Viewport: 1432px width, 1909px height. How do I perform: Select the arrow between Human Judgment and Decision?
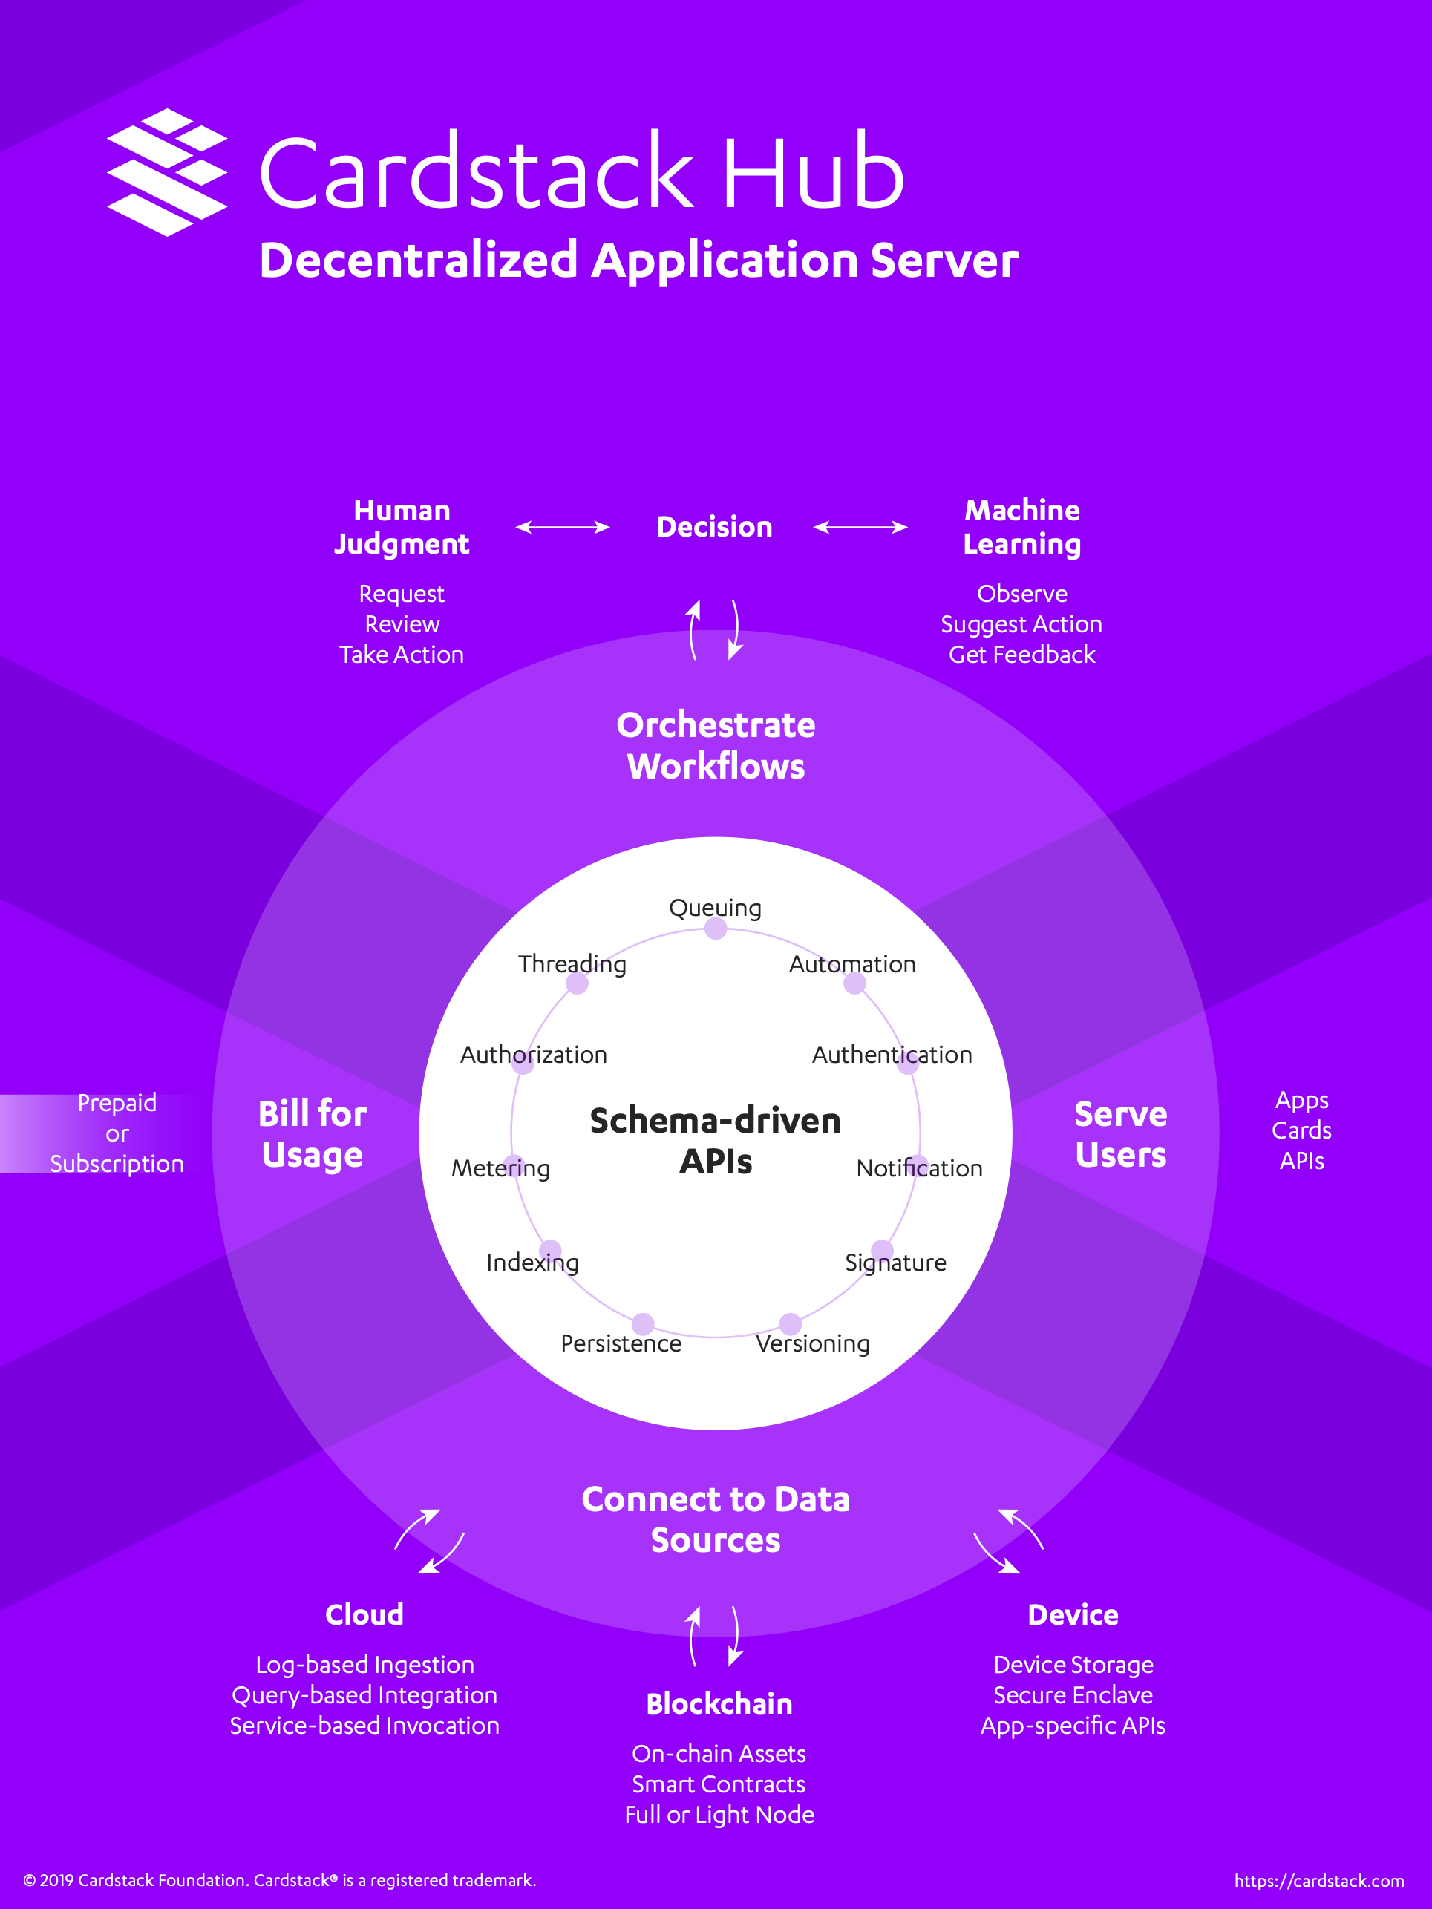pyautogui.click(x=563, y=526)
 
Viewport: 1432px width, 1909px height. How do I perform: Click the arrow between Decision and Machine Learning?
pyautogui.click(x=860, y=526)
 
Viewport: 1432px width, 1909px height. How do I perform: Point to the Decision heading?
pyautogui.click(x=715, y=526)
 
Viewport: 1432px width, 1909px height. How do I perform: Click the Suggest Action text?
pyautogui.click(x=1021, y=624)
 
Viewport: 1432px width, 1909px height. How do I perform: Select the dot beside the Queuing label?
pyautogui.click(x=716, y=929)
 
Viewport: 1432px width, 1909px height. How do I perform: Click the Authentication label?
pyautogui.click(x=892, y=1054)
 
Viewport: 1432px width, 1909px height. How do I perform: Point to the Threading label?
pyautogui.click(x=572, y=964)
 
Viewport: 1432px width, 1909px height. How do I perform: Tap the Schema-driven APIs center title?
pyautogui.click(x=716, y=1141)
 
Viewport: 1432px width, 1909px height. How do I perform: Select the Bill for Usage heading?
pyautogui.click(x=313, y=1134)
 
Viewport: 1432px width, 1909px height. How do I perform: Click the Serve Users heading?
pyautogui.click(x=1120, y=1134)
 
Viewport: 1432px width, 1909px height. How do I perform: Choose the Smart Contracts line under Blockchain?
pyautogui.click(x=719, y=1784)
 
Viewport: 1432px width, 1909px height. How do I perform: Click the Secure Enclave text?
pyautogui.click(x=1073, y=1695)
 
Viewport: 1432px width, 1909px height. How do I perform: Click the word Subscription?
pyautogui.click(x=117, y=1163)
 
